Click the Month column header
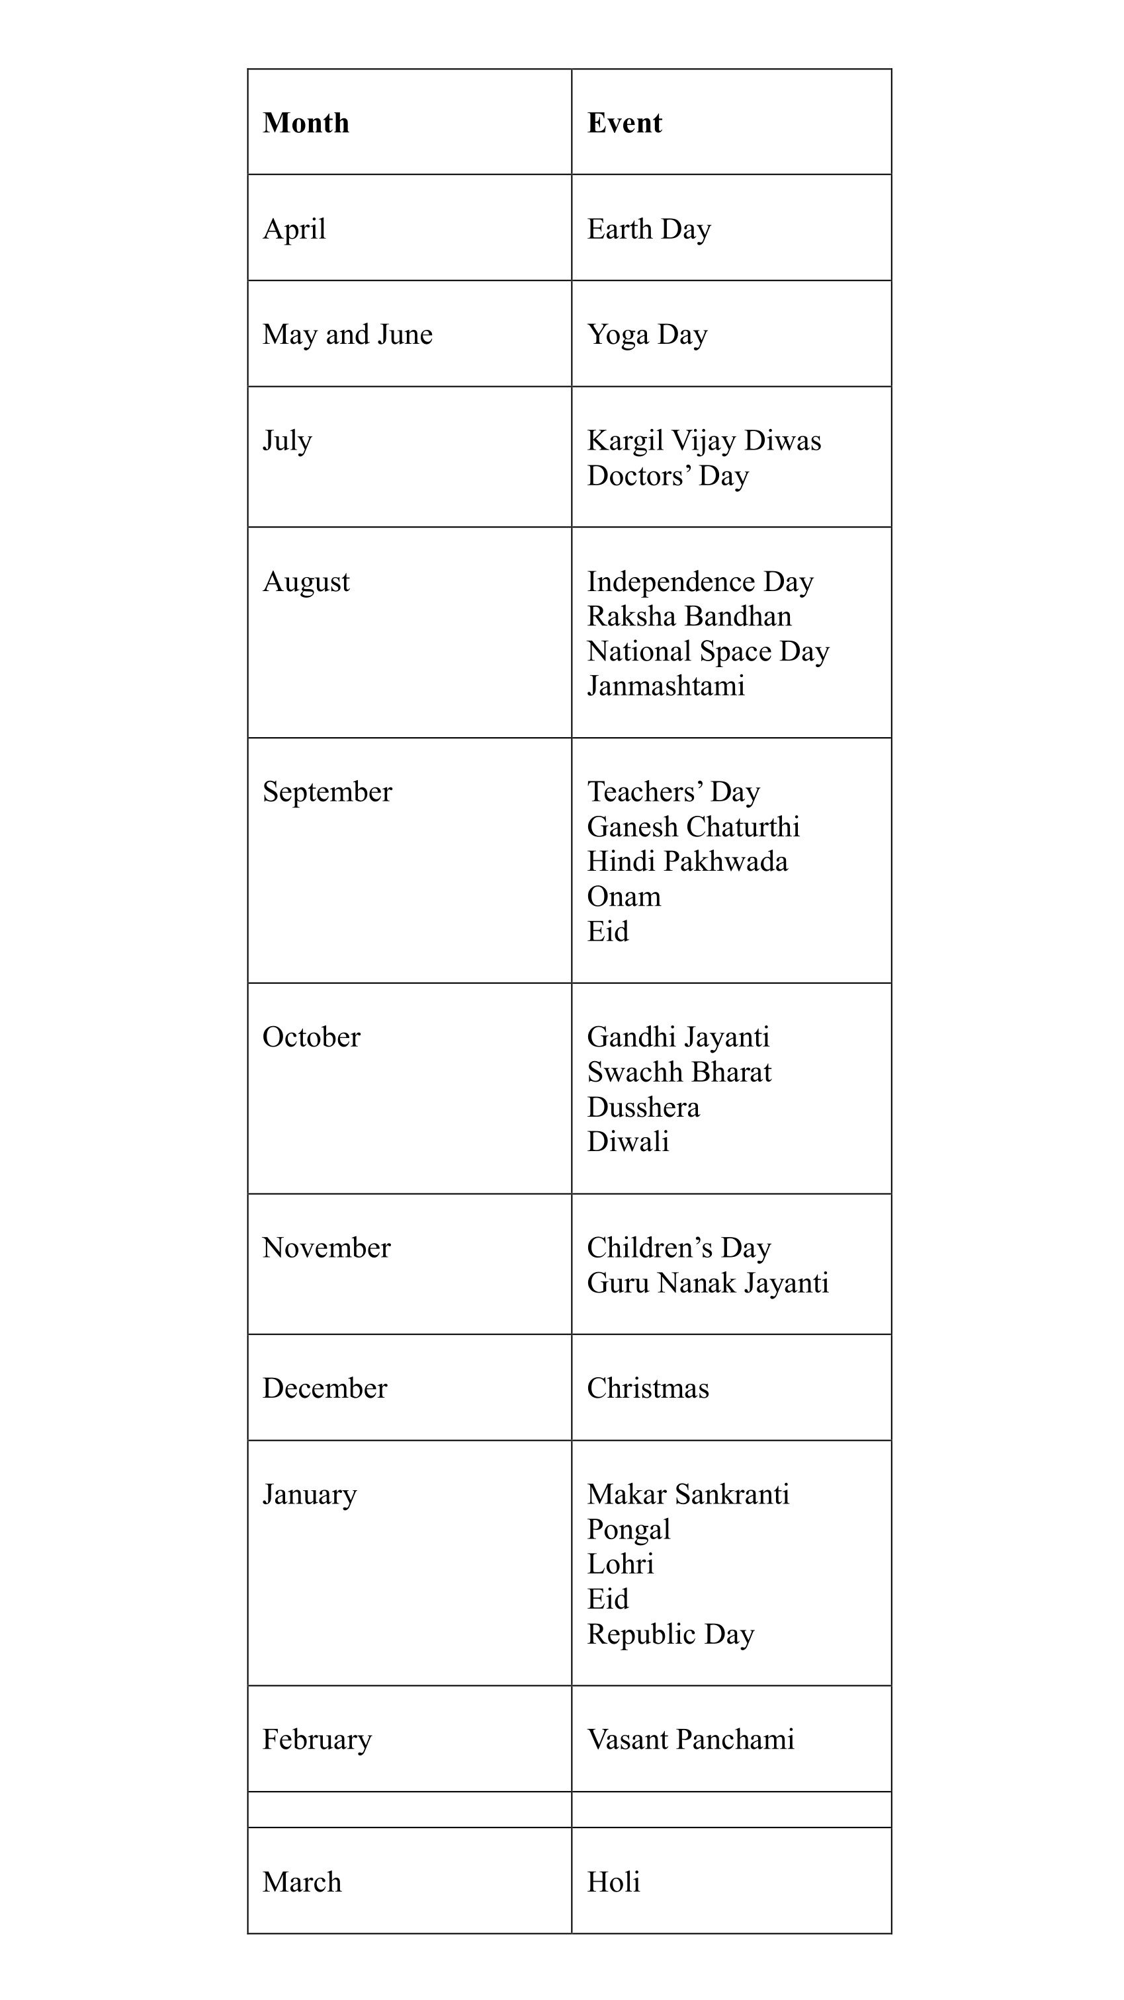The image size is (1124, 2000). coord(306,123)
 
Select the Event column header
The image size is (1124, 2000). coord(625,123)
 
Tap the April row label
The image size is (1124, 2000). coord(294,229)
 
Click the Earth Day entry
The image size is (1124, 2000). coord(648,229)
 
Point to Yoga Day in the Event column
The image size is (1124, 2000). coord(647,335)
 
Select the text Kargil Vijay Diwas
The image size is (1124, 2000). coord(704,440)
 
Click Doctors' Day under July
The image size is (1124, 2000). coord(668,475)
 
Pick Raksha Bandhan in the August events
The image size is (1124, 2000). coord(689,616)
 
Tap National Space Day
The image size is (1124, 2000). coord(708,651)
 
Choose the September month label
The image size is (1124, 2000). coord(327,792)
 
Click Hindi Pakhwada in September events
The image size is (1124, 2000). coord(687,861)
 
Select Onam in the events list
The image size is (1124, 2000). coord(624,896)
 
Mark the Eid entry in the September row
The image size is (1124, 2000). coord(607,931)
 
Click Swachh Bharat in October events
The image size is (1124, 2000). coord(679,1072)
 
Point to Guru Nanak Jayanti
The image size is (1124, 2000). coord(708,1283)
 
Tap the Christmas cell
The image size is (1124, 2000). coord(648,1388)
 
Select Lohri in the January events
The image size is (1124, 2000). coord(620,1564)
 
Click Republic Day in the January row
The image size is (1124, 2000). coord(670,1634)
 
